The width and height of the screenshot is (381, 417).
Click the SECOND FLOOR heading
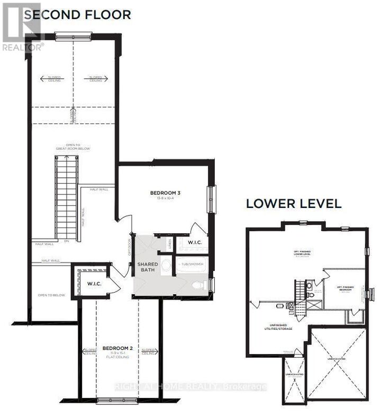pos(77,14)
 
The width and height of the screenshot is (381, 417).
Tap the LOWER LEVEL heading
pos(294,204)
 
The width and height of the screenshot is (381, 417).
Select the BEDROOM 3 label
pos(166,193)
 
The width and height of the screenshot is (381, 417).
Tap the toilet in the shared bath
pos(198,286)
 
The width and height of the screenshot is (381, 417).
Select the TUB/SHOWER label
pos(189,263)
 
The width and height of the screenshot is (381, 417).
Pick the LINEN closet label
pos(169,244)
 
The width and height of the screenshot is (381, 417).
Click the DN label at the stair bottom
pos(66,241)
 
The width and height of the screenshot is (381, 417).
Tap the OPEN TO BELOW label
pos(51,295)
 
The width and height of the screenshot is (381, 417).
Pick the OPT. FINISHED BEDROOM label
pos(345,288)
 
